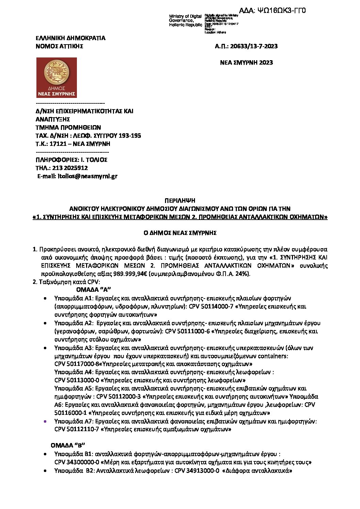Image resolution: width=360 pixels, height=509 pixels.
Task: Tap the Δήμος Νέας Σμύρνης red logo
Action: (x=56, y=78)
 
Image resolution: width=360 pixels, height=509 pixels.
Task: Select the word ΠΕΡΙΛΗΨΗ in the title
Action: (x=180, y=201)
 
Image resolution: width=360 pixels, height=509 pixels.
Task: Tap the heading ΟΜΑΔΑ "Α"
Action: (x=94, y=290)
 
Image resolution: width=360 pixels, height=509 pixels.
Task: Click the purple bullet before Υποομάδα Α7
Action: (x=45, y=421)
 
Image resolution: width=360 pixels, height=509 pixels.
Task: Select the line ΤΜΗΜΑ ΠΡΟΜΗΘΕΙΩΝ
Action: (x=68, y=128)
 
